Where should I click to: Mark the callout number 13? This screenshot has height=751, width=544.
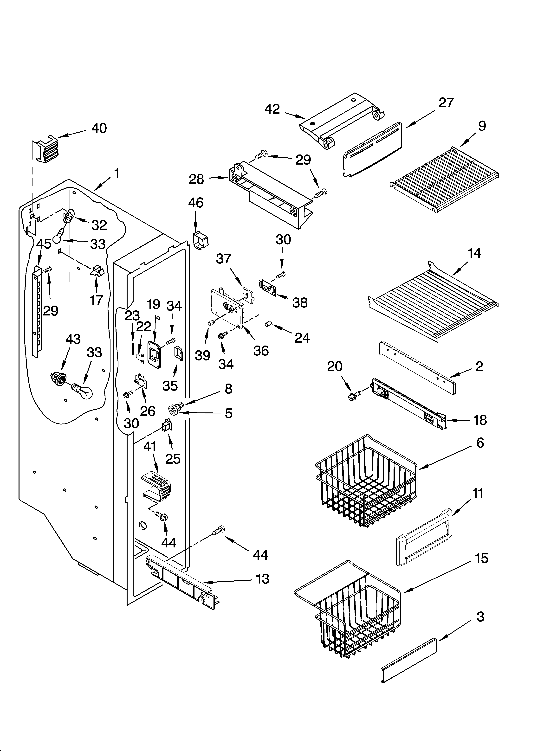pyautogui.click(x=262, y=579)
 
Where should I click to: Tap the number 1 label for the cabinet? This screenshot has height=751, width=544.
pyautogui.click(x=116, y=173)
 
